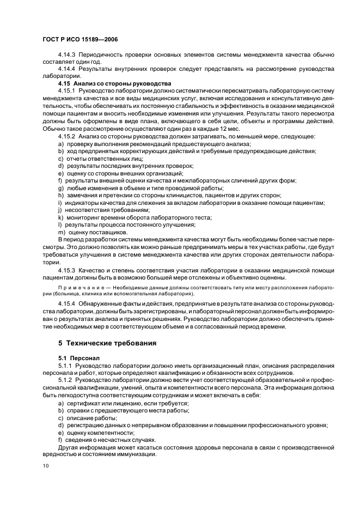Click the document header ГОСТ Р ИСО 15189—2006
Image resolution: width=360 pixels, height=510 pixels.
[x=81, y=40]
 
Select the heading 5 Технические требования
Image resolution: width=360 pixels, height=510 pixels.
[x=107, y=343]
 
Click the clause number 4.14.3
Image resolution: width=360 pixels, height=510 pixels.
[x=67, y=55]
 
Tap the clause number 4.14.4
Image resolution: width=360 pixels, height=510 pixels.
[x=67, y=69]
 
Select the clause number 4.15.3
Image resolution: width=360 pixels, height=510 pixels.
[x=67, y=269]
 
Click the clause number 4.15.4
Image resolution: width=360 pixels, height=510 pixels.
[x=67, y=303]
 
